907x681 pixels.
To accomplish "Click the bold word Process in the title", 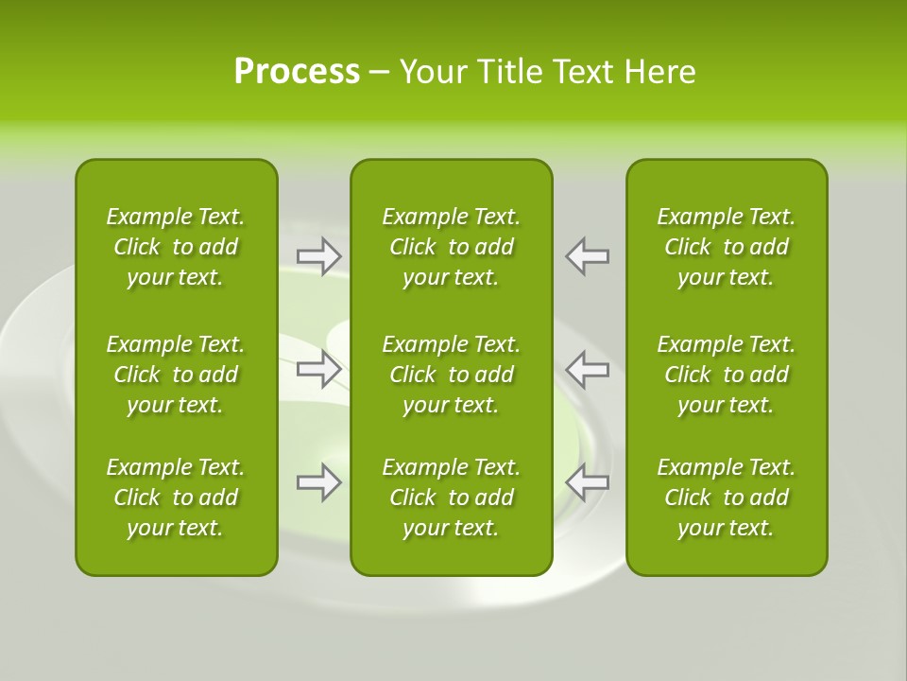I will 297,72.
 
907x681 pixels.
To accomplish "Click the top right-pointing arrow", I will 319,256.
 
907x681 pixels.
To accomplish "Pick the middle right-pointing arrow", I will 319,369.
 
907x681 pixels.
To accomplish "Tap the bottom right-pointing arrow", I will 319,482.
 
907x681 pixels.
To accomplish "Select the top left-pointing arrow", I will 588,256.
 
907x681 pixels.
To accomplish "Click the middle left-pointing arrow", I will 588,369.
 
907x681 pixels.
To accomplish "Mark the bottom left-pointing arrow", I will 588,482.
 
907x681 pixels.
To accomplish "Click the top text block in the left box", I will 176,247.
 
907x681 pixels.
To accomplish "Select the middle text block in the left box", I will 176,375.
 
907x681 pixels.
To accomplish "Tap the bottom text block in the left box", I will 176,498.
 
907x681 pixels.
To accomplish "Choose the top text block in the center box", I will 451,247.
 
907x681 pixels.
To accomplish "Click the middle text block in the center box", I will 451,375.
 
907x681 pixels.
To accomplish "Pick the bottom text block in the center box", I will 451,498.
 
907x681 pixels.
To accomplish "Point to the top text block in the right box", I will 726,247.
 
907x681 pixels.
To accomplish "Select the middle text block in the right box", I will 726,375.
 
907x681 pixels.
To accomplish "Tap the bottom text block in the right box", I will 726,498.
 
